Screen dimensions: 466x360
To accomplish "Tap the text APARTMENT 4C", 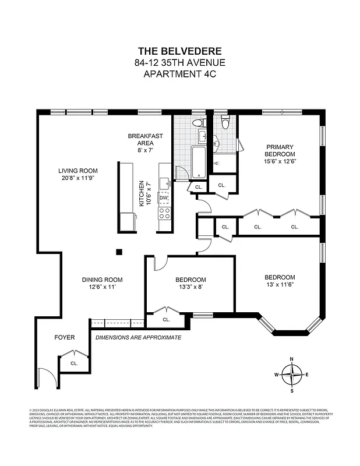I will coord(179,74).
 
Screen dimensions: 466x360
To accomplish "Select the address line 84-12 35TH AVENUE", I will coord(179,62).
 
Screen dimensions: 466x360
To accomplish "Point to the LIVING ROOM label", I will coord(76,171).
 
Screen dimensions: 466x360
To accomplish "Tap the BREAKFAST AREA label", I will coord(145,139).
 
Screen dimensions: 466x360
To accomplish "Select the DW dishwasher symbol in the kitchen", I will coord(164,199).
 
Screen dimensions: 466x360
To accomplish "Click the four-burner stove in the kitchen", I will coord(164,213).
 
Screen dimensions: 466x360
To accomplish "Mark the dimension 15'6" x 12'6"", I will coord(280,161).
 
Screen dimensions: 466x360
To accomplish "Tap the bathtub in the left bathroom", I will coord(197,162).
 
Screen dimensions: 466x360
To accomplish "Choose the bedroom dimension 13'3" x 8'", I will coord(191,287).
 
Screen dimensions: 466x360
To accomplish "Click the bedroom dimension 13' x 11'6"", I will coord(280,285).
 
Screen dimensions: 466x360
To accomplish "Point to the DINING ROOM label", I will coord(103,280).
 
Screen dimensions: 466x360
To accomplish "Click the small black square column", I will coord(119,252).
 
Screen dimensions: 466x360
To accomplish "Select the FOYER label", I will coord(65,337).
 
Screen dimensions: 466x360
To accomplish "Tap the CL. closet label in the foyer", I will coord(74,363).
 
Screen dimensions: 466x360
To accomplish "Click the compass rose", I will coord(292,374).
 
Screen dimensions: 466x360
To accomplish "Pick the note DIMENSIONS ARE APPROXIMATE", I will coord(138,337).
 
